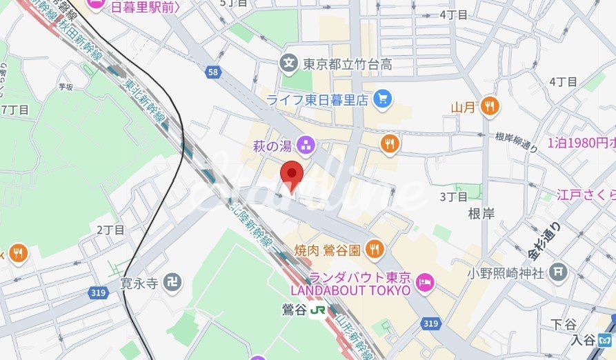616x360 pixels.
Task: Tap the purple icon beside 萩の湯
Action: pos(306,145)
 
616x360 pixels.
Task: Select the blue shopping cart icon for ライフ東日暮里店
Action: pos(381,99)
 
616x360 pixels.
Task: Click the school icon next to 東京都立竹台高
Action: pos(289,64)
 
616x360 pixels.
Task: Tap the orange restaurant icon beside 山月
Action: pos(490,106)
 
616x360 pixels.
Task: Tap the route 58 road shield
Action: pos(213,71)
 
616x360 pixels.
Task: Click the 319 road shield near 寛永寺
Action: pos(98,292)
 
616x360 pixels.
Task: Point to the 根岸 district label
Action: pos(481,214)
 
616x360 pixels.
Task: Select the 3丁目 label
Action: pos(454,197)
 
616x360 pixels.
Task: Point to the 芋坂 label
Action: pos(66,87)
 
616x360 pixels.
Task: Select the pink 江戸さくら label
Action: pos(586,194)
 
